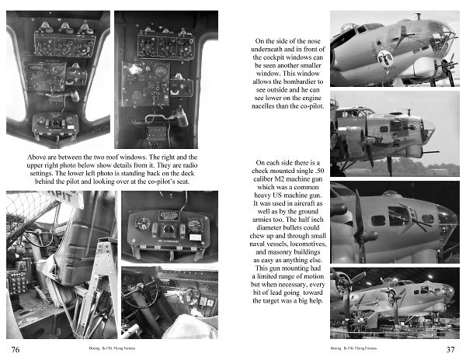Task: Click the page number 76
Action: tap(14, 349)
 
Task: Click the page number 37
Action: tap(450, 349)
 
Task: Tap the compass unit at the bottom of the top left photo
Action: tap(57, 123)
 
